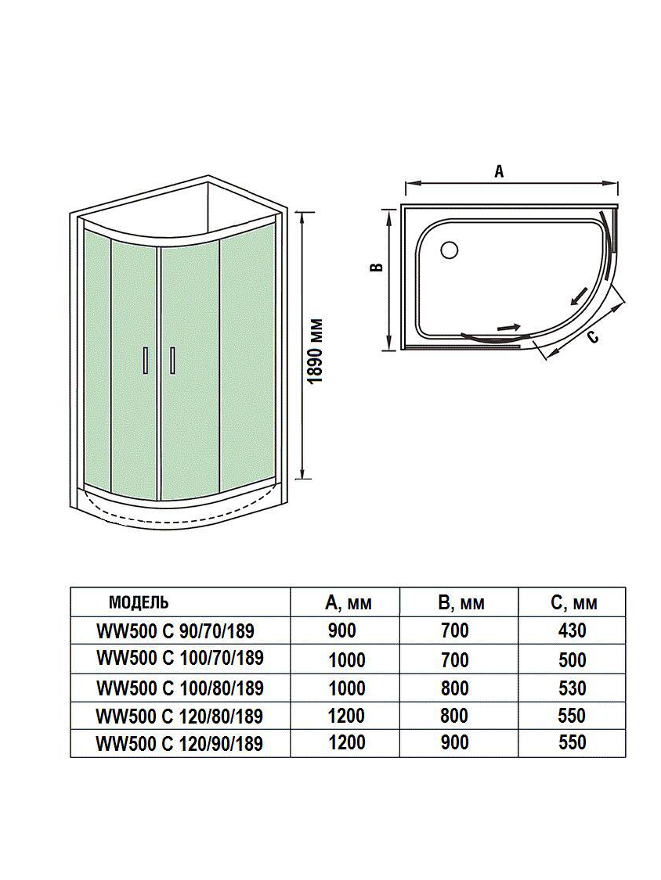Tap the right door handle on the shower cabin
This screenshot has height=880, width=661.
(172, 359)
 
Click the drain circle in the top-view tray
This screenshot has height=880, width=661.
(450, 250)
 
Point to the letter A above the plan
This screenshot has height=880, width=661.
(498, 173)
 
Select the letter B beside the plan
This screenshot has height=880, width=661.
(377, 268)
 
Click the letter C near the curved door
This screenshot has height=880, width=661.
(593, 336)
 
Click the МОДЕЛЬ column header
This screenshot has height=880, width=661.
(138, 602)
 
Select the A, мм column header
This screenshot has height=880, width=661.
(348, 602)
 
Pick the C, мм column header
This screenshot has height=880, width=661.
(573, 602)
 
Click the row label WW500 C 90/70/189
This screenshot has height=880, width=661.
(175, 630)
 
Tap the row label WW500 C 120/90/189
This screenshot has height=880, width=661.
(179, 743)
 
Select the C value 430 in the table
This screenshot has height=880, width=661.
(573, 630)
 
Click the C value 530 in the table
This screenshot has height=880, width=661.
(573, 688)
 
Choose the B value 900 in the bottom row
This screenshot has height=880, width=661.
(454, 742)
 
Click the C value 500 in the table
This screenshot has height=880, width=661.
(573, 659)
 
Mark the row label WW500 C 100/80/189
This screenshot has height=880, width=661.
(179, 688)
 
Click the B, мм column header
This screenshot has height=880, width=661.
(462, 602)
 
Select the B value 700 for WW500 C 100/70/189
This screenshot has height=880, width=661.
(454, 659)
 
